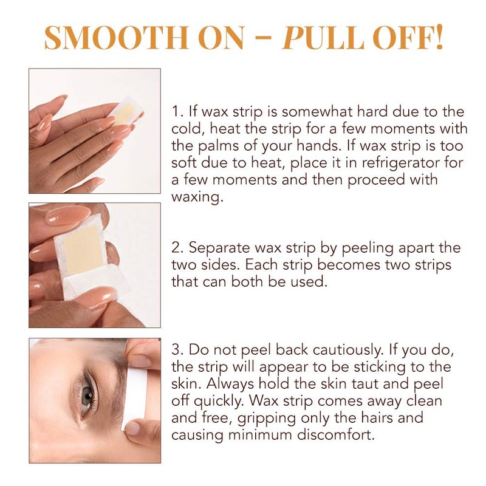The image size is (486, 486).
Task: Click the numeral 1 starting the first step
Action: pyautogui.click(x=176, y=112)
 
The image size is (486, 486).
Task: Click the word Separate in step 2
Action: pyautogui.click(x=220, y=248)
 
